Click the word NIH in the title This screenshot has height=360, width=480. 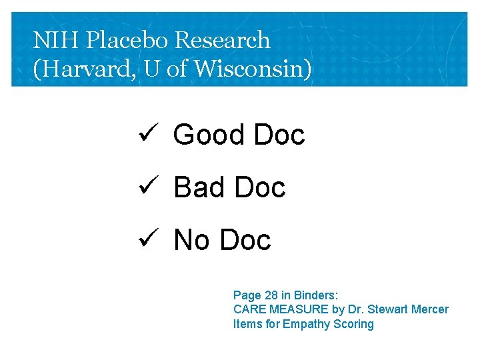pyautogui.click(x=50, y=41)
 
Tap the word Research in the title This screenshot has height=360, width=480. pyautogui.click(x=223, y=41)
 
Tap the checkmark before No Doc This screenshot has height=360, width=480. pyautogui.click(x=147, y=238)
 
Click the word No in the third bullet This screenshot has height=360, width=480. pyautogui.click(x=191, y=241)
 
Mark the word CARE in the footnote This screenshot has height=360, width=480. pyautogui.click(x=247, y=309)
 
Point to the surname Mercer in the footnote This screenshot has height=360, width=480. pyautogui.click(x=431, y=309)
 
